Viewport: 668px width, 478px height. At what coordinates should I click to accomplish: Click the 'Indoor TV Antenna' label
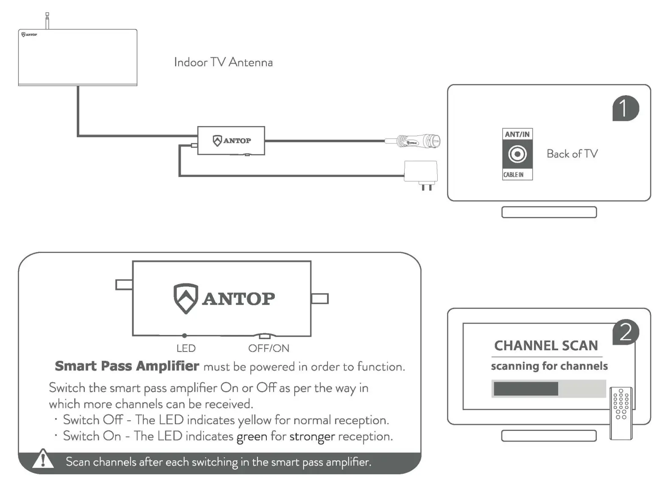223,62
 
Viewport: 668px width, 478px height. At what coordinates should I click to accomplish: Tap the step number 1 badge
625,108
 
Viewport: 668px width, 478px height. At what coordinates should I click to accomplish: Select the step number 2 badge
625,332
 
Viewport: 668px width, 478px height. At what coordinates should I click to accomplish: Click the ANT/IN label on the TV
517,134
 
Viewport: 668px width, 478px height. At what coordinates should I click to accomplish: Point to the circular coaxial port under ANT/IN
517,154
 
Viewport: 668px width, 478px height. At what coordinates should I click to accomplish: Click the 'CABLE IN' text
514,174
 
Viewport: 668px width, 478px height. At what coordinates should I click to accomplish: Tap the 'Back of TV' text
572,154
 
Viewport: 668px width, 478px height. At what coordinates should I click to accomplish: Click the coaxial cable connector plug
420,141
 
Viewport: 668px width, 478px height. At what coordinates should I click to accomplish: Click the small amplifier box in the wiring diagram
231,141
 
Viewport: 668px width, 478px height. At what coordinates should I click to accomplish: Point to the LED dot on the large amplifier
184,335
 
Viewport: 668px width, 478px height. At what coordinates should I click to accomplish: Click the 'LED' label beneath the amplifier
186,349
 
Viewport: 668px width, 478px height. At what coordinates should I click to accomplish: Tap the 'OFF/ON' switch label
268,349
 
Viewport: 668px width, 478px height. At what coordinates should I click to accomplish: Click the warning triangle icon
43,459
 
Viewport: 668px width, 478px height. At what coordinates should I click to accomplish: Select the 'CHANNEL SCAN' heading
546,346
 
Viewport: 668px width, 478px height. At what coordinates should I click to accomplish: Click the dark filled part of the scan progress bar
526,388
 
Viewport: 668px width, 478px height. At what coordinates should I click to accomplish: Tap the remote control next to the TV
621,413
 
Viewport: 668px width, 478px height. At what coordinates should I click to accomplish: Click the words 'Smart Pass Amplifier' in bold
127,366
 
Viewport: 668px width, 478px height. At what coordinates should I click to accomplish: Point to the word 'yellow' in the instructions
254,420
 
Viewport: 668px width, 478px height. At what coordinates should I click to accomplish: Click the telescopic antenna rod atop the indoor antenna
48,21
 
